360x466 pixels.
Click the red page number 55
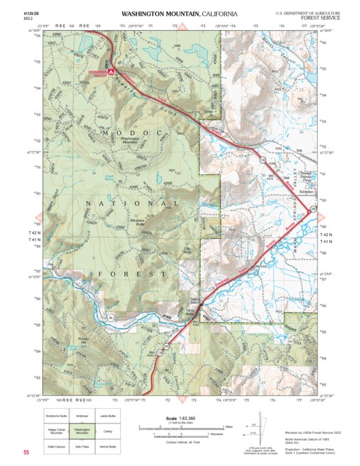click(x=26, y=453)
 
